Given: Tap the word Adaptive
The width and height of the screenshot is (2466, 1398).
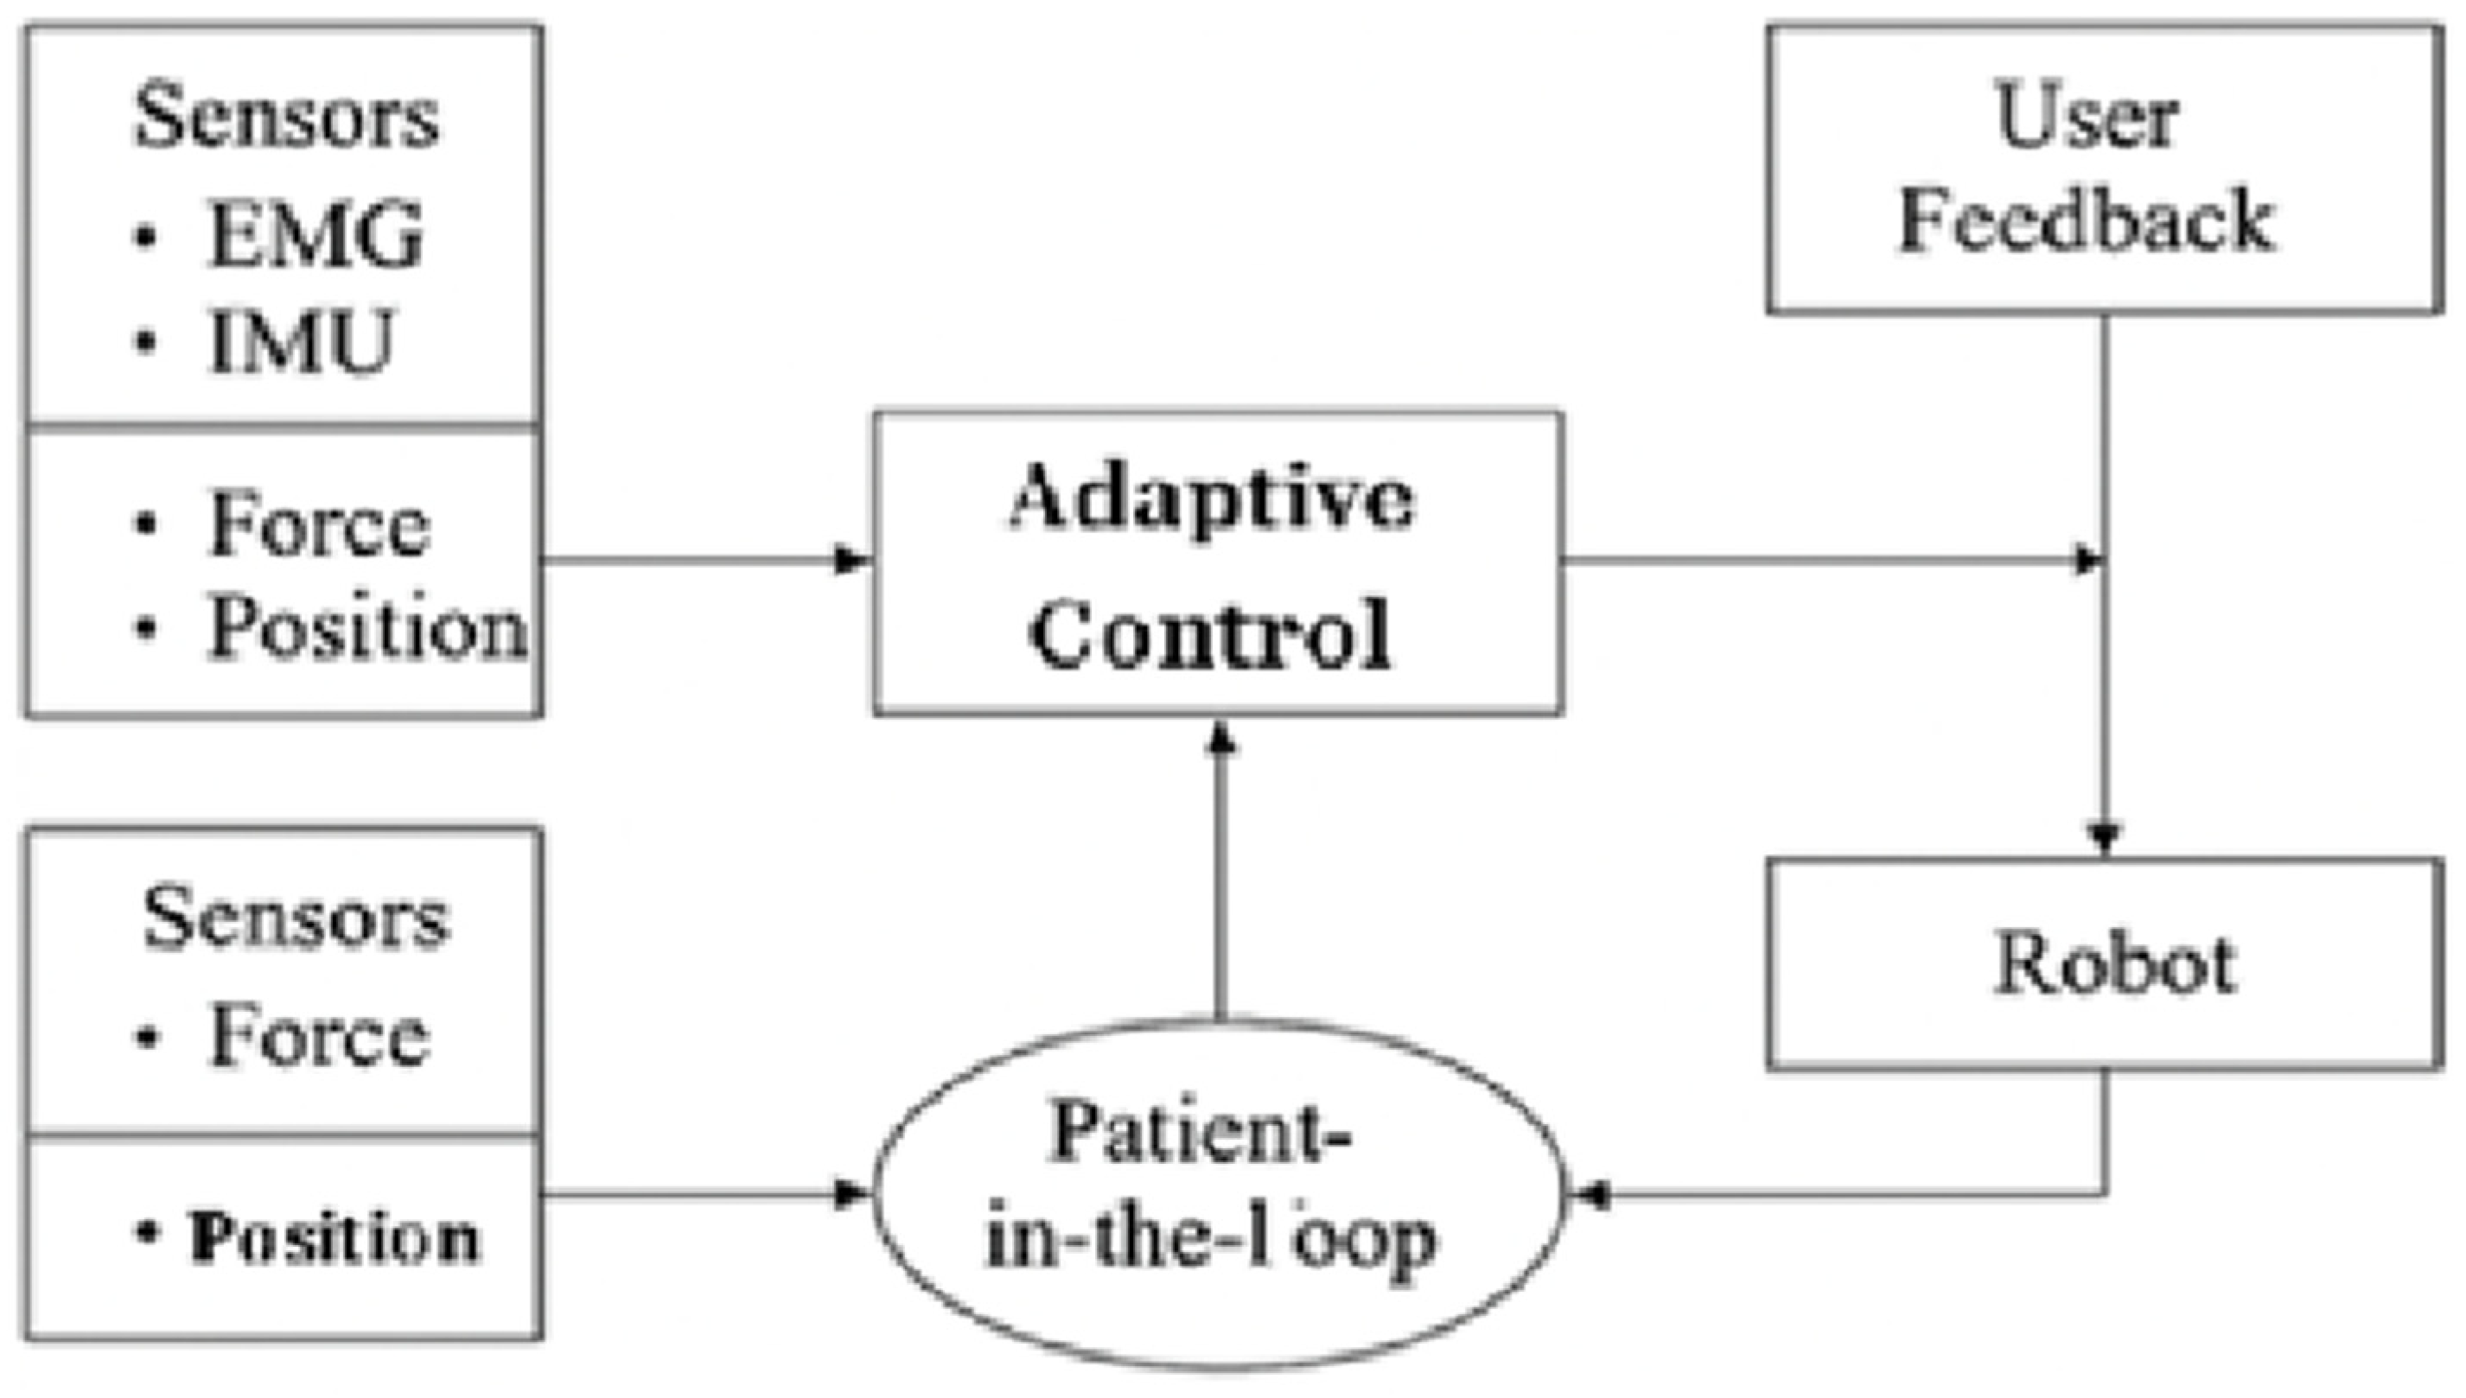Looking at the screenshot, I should pos(1212,499).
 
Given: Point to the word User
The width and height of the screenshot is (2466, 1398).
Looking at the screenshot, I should pos(2087,119).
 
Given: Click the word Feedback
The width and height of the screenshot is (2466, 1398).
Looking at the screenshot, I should pos(2087,223).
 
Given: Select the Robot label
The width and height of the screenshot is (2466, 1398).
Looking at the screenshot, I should pos(2117,964).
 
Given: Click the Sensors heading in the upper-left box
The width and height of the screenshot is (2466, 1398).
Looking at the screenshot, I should pos(286,118).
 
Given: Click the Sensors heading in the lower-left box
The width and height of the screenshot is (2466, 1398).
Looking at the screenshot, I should pos(296,918).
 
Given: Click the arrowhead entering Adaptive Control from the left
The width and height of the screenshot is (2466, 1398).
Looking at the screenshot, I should pos(851,560).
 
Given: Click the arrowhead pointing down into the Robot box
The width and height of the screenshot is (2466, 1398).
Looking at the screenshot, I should pos(2105,837).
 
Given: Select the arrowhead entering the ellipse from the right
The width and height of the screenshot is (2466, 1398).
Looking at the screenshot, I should pos(1590,1197).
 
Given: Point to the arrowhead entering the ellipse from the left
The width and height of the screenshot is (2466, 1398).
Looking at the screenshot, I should pos(851,1196).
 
